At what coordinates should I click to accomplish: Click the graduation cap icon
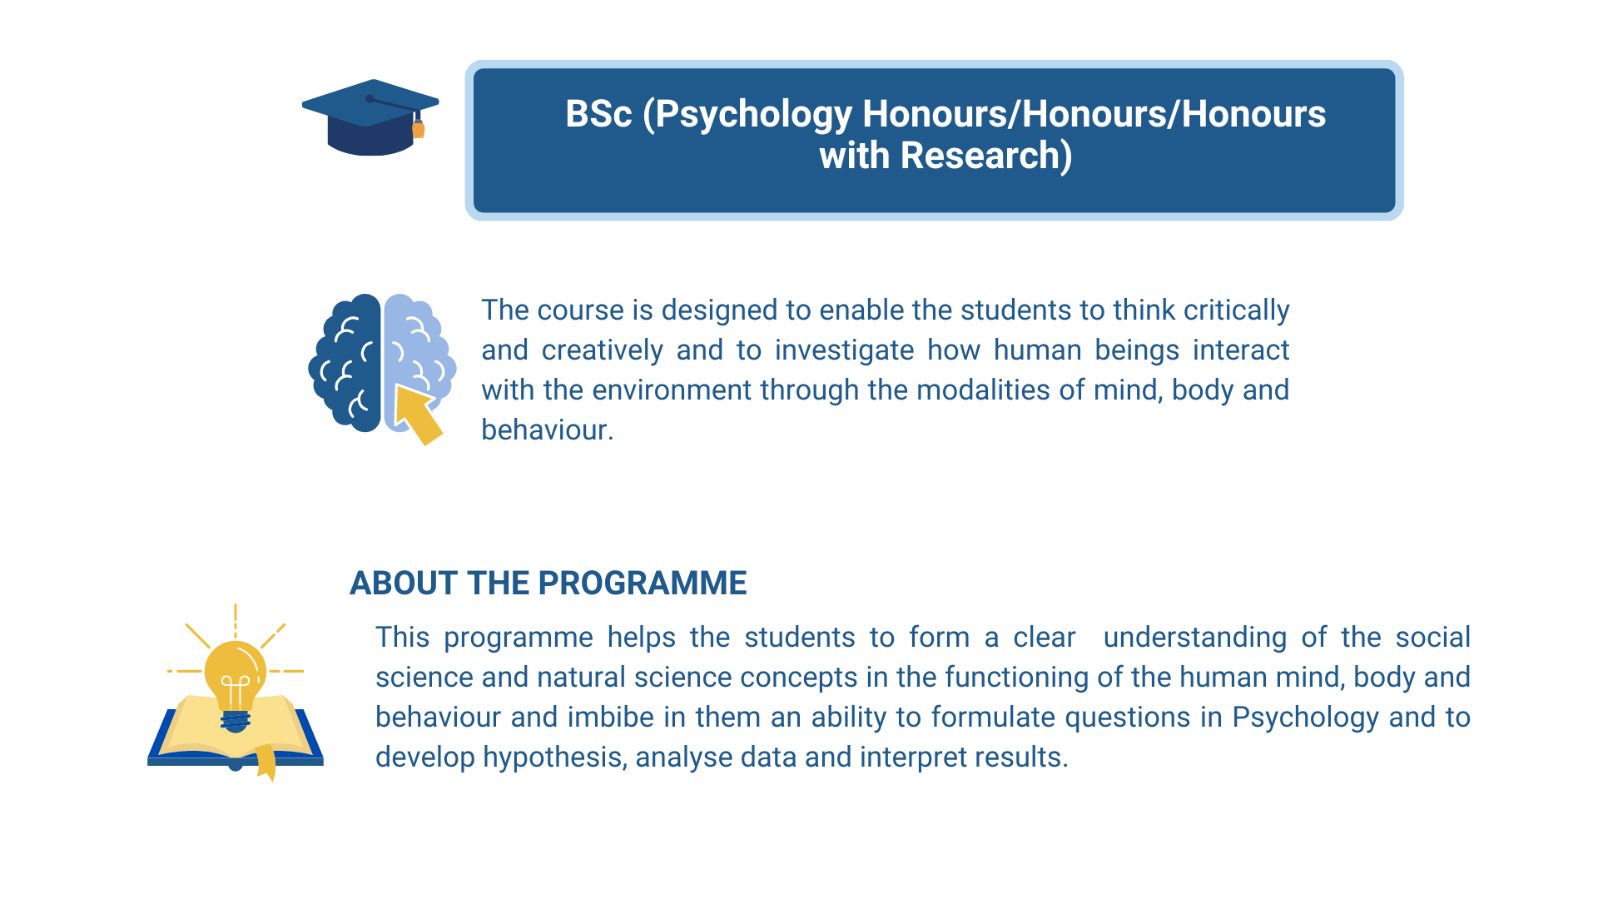pyautogui.click(x=370, y=117)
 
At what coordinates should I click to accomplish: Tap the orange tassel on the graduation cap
pyautogui.click(x=419, y=129)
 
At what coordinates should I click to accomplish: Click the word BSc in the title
pyautogui.click(x=598, y=114)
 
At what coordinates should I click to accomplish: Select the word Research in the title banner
pyautogui.click(x=979, y=156)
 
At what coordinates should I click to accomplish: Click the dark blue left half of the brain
pyautogui.click(x=345, y=363)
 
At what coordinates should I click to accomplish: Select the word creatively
pyautogui.click(x=602, y=350)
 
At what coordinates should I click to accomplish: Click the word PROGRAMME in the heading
pyautogui.click(x=648, y=584)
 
